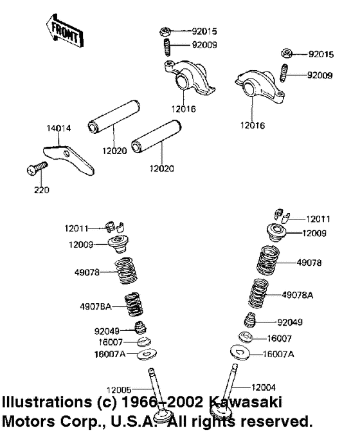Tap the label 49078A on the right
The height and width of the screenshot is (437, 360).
click(298, 295)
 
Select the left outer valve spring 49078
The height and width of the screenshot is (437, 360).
click(129, 271)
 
